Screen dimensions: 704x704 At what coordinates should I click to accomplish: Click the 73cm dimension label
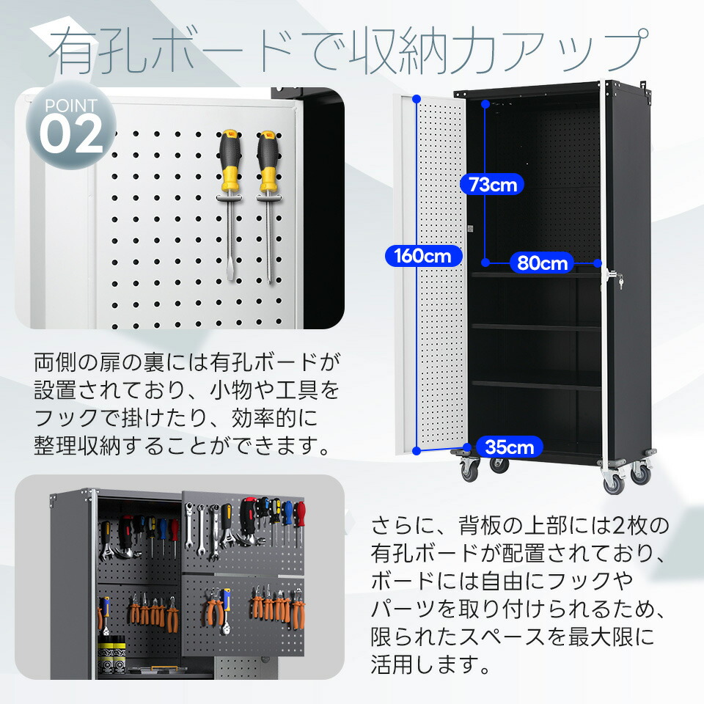pyautogui.click(x=493, y=185)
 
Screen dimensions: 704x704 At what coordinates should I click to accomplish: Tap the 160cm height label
pyautogui.click(x=422, y=256)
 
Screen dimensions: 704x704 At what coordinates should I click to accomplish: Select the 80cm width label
pyautogui.click(x=543, y=263)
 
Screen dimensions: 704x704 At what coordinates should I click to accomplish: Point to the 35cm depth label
pyautogui.click(x=509, y=446)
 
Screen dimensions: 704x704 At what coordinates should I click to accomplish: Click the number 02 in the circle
pyautogui.click(x=71, y=134)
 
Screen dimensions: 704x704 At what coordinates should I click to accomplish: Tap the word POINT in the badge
pyautogui.click(x=70, y=106)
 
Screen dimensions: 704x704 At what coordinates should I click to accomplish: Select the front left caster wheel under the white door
pyautogui.click(x=468, y=469)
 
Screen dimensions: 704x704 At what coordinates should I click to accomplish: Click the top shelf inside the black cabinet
pyautogui.click(x=535, y=275)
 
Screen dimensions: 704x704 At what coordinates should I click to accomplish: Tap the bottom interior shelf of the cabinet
pyautogui.click(x=535, y=383)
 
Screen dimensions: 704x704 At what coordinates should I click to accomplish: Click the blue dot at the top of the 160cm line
pyautogui.click(x=417, y=98)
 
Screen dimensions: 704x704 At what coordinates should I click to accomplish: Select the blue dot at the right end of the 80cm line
pyautogui.click(x=598, y=263)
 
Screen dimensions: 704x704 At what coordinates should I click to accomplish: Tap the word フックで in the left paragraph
pyautogui.click(x=81, y=417)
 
